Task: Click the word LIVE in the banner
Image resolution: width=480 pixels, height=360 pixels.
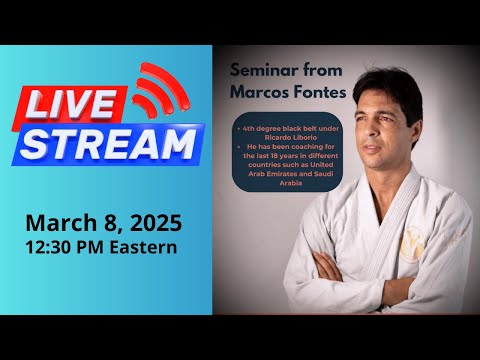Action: (x=76, y=105)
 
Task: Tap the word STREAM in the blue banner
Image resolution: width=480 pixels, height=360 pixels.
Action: (x=108, y=144)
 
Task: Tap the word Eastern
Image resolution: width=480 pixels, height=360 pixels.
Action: (x=144, y=246)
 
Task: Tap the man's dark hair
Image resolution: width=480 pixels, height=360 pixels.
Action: (x=395, y=85)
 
